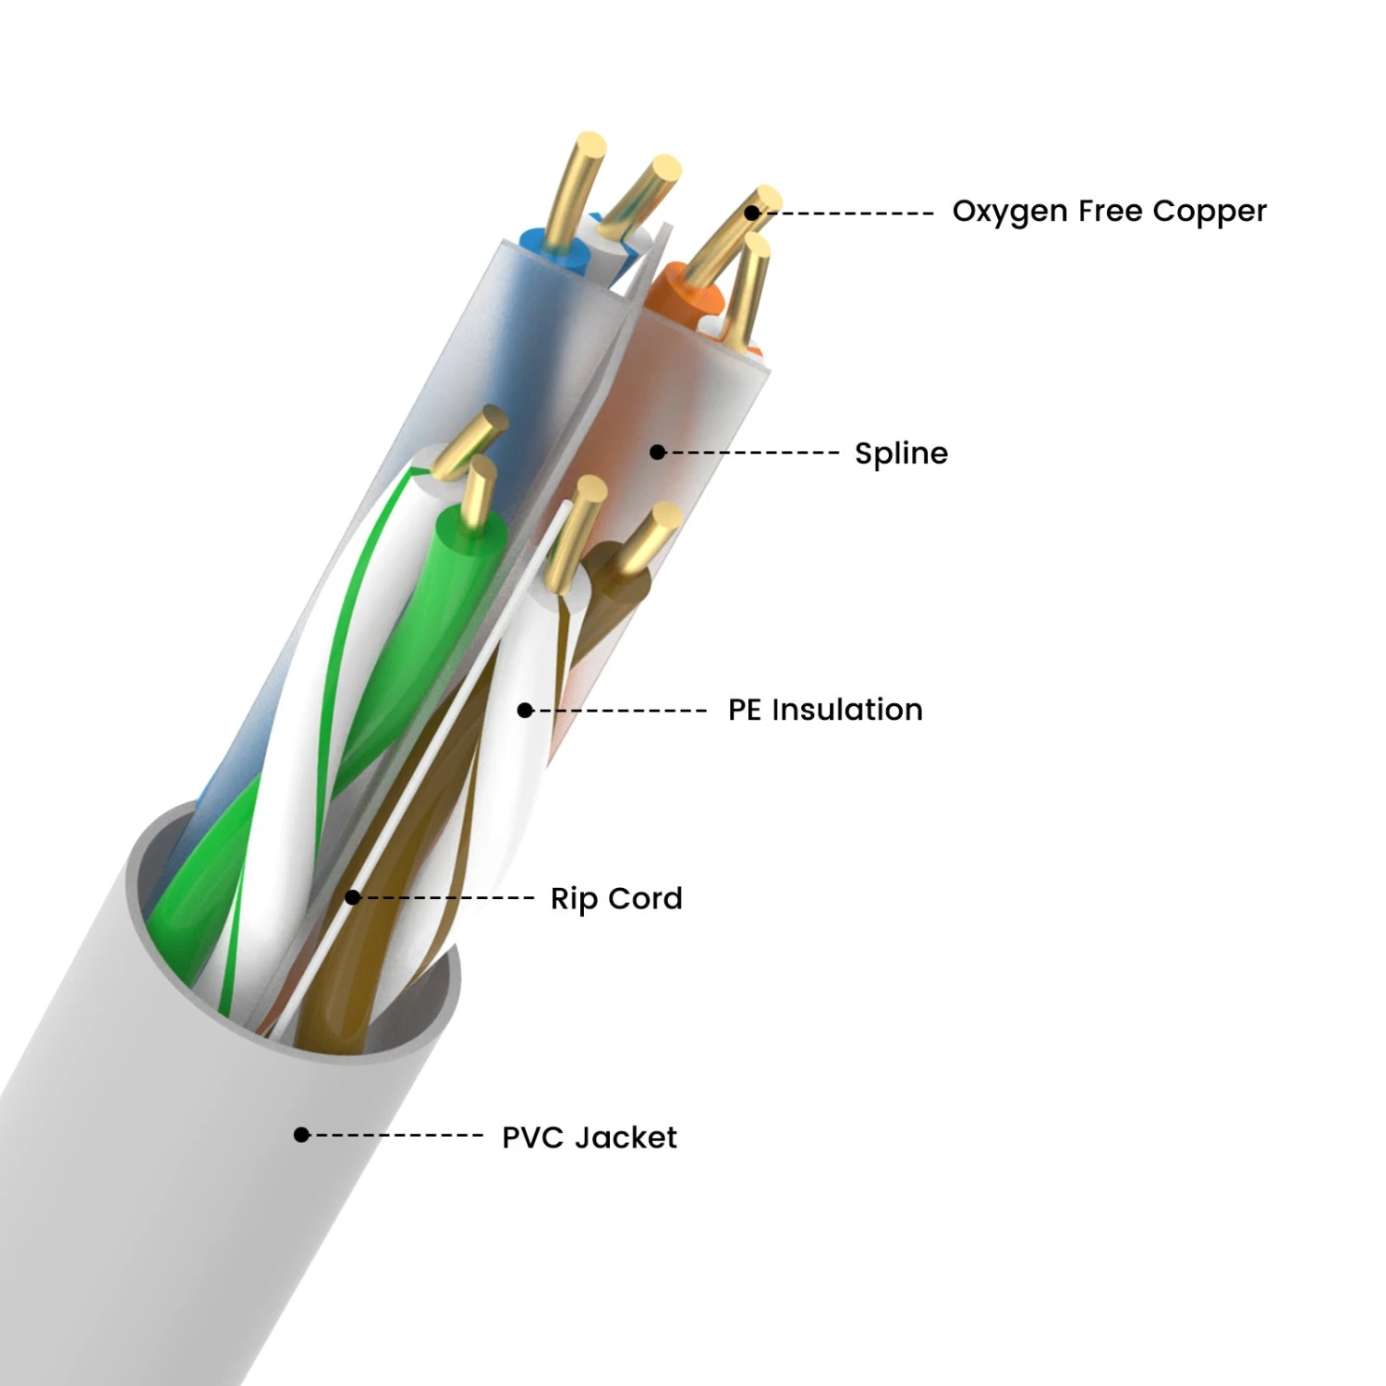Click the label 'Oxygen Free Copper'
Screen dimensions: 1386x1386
(1109, 212)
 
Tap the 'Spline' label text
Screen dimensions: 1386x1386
(901, 454)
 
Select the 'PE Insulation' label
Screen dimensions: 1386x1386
(825, 710)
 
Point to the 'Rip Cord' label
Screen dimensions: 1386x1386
(616, 898)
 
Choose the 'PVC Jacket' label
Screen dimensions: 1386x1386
(590, 1137)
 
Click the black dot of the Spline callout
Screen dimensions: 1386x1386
(657, 452)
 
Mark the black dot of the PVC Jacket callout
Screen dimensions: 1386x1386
(301, 1135)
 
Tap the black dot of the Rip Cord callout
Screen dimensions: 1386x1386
(352, 897)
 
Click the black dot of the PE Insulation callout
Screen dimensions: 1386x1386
(525, 711)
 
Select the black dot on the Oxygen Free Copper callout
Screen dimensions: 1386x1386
(752, 213)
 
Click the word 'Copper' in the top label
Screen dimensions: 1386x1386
(1210, 212)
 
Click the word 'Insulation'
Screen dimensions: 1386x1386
(847, 710)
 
